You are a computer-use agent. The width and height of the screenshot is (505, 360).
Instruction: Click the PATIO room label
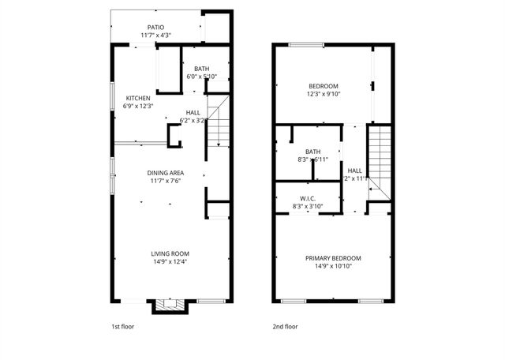click(x=155, y=27)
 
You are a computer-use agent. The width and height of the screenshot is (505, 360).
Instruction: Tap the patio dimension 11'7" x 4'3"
click(x=155, y=35)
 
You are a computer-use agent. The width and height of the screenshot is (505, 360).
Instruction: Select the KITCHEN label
click(x=138, y=99)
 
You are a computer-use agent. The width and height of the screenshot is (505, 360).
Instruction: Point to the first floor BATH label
click(x=201, y=69)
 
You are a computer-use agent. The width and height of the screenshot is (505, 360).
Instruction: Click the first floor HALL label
click(x=193, y=113)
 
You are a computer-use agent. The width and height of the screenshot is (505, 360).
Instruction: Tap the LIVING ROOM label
click(x=170, y=253)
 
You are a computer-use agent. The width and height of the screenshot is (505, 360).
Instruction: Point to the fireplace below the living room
click(x=170, y=305)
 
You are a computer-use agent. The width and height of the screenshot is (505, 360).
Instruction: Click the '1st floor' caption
click(x=122, y=325)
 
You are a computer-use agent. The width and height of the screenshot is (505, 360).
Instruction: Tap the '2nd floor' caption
click(x=285, y=325)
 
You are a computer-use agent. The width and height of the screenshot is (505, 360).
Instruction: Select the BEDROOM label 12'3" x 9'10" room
click(x=323, y=86)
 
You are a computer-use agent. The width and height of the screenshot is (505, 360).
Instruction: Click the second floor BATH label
click(x=313, y=152)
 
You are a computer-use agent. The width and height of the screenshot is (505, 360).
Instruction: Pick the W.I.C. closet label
click(x=308, y=198)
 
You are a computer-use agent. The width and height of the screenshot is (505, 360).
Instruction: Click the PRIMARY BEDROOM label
click(x=333, y=258)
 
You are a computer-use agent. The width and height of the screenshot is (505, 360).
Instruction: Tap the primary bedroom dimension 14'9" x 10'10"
click(x=333, y=266)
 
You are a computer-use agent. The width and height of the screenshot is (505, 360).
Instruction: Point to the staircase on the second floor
click(x=380, y=158)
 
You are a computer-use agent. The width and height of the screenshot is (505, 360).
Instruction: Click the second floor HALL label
click(x=355, y=170)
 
